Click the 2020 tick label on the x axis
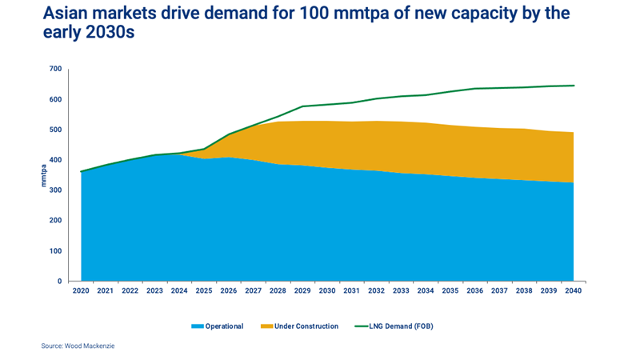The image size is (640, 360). click(x=81, y=290)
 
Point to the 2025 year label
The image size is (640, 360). click(x=204, y=290)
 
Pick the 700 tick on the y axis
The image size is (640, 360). click(x=54, y=70)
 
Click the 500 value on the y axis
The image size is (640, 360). click(x=54, y=130)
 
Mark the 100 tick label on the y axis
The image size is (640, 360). click(x=54, y=251)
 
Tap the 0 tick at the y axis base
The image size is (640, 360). click(x=59, y=282)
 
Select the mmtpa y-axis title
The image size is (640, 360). click(x=44, y=175)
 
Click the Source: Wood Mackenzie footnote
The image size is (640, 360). click(x=84, y=346)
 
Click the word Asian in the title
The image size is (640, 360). click(x=70, y=14)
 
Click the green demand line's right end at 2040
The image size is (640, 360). click(x=574, y=86)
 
